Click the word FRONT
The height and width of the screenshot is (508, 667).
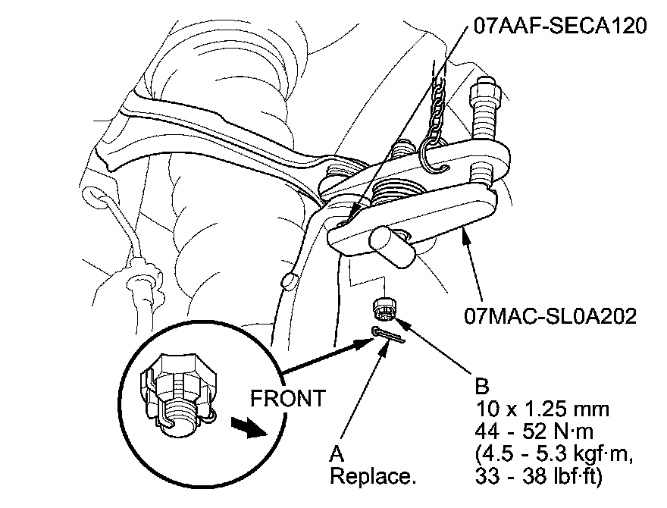(x=289, y=397)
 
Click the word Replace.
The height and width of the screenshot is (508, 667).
(x=373, y=477)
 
